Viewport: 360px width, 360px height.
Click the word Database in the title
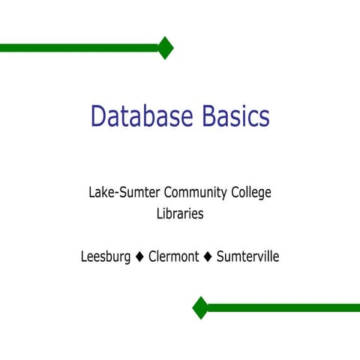click(x=142, y=116)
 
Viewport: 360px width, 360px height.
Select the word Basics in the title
click(x=235, y=116)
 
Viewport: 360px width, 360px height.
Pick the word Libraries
click(x=180, y=214)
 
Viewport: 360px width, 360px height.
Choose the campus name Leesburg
click(x=106, y=257)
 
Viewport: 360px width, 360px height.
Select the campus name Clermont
click(x=174, y=257)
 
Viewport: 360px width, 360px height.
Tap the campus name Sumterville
click(x=247, y=257)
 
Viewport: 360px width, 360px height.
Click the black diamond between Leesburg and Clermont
click(x=139, y=257)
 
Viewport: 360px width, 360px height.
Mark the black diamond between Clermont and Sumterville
click(x=208, y=257)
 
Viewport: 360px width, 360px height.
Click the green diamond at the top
click(x=165, y=48)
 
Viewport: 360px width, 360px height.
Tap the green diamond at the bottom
click(x=200, y=307)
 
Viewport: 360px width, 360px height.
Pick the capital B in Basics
click(x=210, y=116)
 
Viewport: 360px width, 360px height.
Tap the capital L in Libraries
click(x=159, y=214)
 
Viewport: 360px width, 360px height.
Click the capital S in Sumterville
click(x=220, y=257)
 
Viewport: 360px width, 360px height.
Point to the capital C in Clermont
click(x=153, y=257)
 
